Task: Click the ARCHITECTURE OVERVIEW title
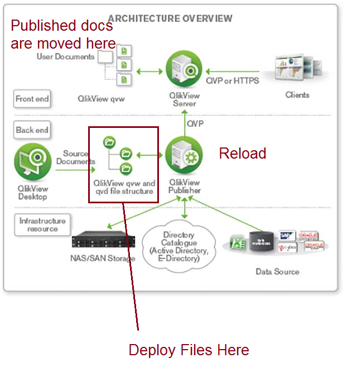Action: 170,18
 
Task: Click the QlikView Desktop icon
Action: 32,162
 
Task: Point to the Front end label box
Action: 32,99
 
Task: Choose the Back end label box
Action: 32,130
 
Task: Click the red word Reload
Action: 242,153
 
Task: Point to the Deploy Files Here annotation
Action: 189,350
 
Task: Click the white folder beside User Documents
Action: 105,57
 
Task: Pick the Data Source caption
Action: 277,271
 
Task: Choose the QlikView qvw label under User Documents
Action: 101,99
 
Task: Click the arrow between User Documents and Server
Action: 148,71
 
